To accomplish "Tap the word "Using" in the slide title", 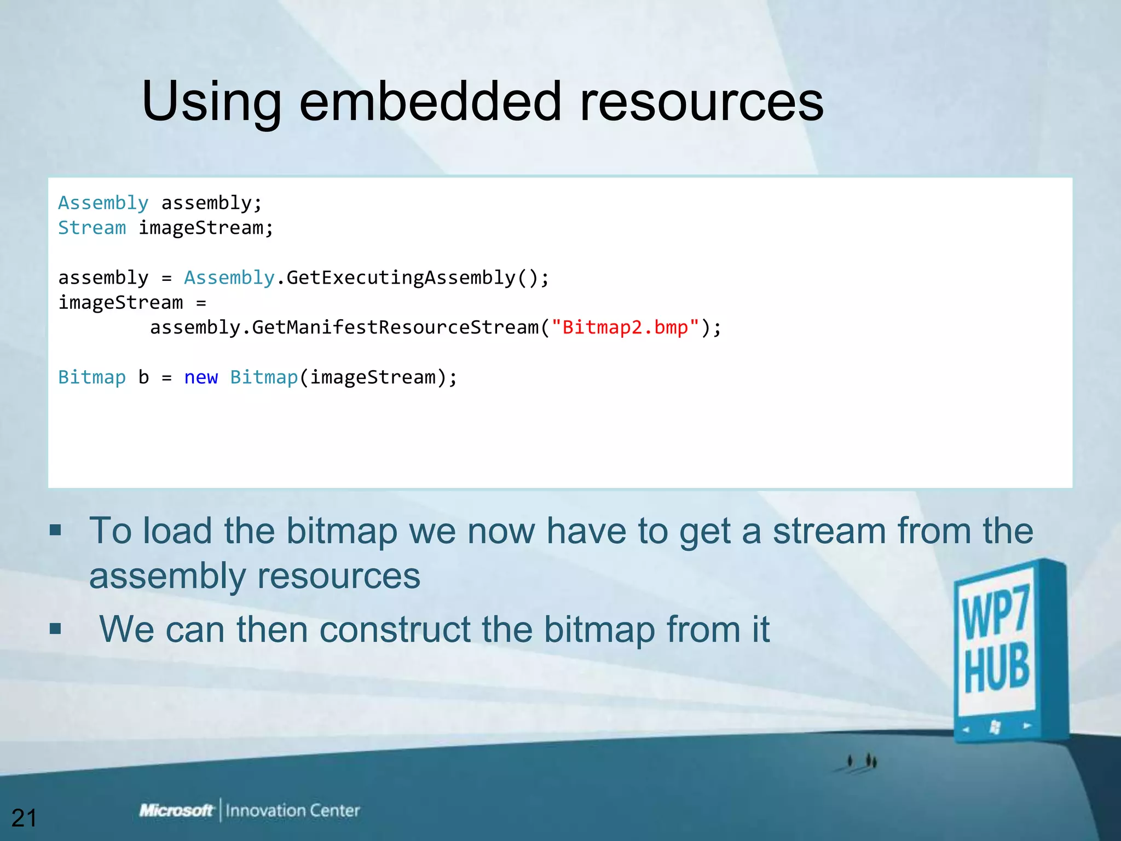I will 211,103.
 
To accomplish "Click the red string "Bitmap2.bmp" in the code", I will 625,327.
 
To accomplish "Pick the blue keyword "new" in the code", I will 201,377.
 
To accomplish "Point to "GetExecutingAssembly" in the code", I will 401,278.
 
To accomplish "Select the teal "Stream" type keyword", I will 92,228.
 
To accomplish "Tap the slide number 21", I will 24,818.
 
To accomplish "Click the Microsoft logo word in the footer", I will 176,810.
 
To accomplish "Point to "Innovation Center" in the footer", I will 293,810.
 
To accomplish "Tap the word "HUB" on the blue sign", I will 997,669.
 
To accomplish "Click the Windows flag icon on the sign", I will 995,727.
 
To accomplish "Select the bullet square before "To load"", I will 55,530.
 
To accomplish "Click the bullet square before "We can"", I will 55,628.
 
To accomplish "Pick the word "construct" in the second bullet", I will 395,629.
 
